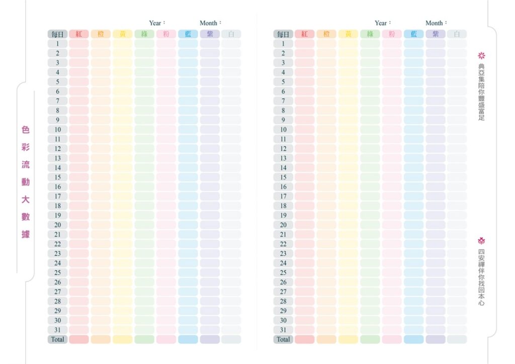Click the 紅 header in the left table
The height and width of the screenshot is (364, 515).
point(79,34)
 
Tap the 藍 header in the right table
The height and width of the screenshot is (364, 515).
point(413,34)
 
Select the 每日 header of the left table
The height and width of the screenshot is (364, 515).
point(58,34)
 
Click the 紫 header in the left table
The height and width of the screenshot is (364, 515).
point(210,34)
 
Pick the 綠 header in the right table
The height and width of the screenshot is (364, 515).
point(370,34)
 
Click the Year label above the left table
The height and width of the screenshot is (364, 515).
point(156,23)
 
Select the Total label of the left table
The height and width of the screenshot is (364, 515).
point(58,339)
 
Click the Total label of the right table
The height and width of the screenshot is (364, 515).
point(284,339)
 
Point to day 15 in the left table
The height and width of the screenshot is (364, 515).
point(58,177)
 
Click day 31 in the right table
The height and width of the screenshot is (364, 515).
point(284,330)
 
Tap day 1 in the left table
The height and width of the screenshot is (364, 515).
point(58,44)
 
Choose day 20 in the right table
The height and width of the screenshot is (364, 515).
point(284,225)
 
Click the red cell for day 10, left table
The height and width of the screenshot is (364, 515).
point(79,129)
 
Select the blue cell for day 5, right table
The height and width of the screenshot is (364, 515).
point(413,81)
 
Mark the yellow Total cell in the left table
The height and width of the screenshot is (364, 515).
point(123,339)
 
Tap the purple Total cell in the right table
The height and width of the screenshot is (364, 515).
point(436,339)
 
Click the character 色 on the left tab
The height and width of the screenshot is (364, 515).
point(26,130)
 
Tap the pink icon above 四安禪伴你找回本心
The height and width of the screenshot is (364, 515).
point(481,241)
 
